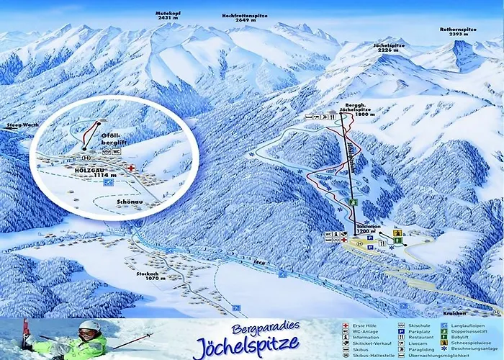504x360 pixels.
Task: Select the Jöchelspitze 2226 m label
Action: click(389, 48)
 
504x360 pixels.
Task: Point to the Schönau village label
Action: click(127, 204)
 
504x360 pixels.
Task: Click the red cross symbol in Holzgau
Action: click(131, 167)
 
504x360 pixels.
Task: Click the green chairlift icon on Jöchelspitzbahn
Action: click(354, 203)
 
